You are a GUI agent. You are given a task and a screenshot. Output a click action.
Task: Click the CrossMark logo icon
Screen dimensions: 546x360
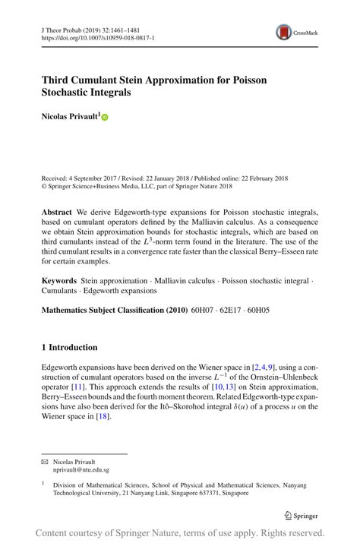284,32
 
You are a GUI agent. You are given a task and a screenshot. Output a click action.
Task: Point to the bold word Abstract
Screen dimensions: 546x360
57,211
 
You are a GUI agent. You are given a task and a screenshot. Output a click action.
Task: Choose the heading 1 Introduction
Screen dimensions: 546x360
69,347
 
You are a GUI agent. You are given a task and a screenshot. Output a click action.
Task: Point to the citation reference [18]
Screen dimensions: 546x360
102,417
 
